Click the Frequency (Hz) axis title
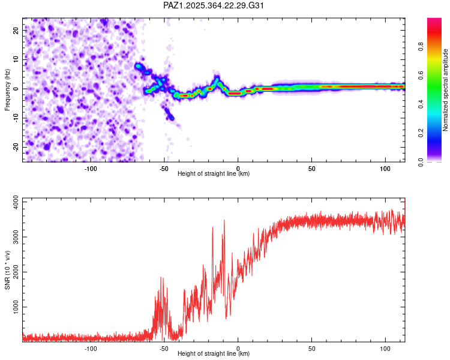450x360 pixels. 7,90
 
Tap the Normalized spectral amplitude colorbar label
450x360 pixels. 446,90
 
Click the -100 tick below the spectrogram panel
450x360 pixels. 91,168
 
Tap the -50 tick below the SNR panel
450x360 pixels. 164,348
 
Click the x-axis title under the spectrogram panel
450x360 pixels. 214,174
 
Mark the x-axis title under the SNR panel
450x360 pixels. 214,354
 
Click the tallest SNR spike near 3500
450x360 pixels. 224,220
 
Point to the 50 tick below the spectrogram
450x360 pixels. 311,168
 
